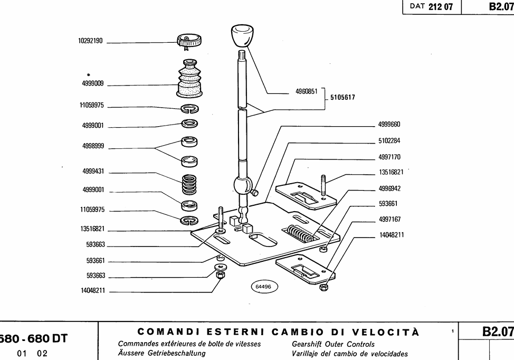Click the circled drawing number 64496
(263, 287)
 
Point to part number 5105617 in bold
(342, 98)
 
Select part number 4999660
(389, 125)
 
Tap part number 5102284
(389, 141)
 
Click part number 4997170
(389, 157)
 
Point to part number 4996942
(389, 188)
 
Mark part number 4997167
(389, 219)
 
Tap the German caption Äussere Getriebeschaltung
(161, 353)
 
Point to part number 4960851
(306, 91)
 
